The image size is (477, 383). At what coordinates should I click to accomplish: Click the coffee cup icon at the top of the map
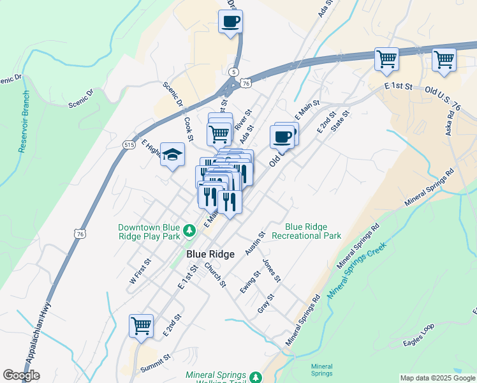click(230, 21)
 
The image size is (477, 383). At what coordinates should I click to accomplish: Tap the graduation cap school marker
click(172, 154)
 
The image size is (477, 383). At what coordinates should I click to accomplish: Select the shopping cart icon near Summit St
click(141, 325)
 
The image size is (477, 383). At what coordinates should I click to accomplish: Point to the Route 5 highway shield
click(234, 71)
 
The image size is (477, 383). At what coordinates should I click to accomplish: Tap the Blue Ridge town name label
click(210, 254)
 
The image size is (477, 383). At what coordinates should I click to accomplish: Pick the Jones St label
click(272, 271)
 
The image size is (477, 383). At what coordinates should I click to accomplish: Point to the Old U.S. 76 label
click(450, 93)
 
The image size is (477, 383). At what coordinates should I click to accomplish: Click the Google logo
click(21, 375)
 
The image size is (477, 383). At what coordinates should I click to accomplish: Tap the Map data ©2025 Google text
click(437, 378)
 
